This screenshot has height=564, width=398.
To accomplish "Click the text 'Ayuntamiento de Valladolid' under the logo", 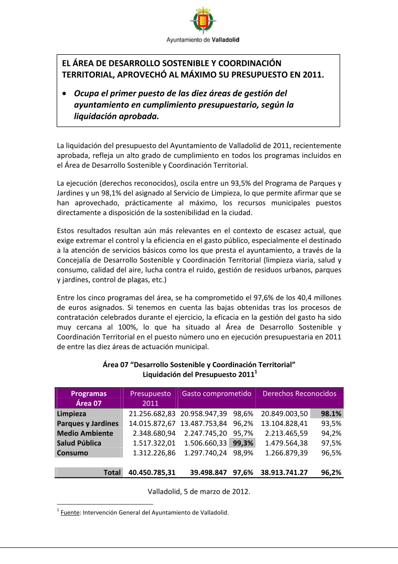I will pos(203,40).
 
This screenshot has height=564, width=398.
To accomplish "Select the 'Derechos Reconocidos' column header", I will pos(300,394).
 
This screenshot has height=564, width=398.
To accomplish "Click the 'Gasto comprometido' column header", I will pos(216,394).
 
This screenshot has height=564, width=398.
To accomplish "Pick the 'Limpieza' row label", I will pos(71,414).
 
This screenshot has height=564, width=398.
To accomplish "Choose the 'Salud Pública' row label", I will pos(79,443).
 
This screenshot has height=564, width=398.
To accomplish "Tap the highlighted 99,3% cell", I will pos(242,443).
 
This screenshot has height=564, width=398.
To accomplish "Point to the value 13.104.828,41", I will pos(284,423).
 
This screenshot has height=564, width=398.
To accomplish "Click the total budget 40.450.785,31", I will pos(152,472).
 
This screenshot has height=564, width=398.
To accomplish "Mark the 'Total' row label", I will pos(112,472).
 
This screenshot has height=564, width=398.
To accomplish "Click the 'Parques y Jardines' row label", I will pos(87,423).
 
